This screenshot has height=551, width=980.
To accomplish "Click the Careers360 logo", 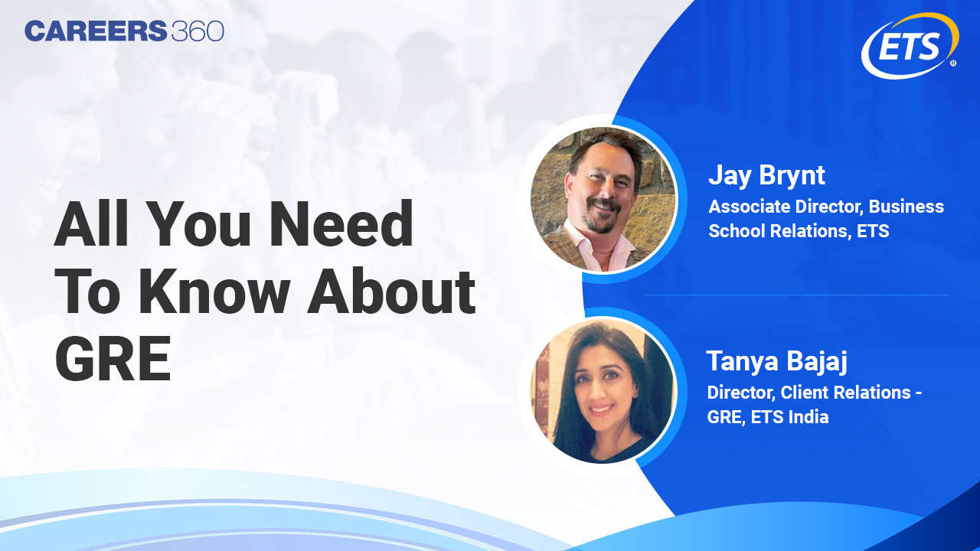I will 124,31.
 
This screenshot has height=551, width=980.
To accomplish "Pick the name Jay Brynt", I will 766,175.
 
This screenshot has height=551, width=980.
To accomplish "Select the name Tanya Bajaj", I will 776,361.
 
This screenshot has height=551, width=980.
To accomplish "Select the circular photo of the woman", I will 603,390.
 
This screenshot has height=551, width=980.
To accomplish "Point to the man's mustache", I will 605,207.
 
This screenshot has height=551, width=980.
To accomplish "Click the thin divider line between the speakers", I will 796,295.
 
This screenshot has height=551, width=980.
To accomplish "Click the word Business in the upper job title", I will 906,207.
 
